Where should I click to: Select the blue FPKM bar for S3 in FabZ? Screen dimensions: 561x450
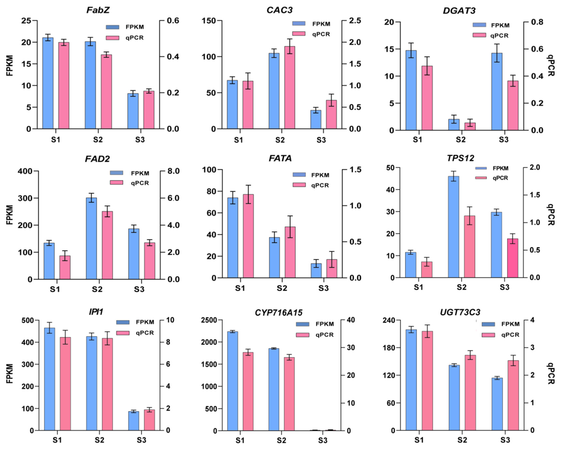coord(133,111)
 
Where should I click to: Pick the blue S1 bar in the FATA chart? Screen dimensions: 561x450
coord(233,238)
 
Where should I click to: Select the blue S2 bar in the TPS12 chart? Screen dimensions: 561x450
coord(454,227)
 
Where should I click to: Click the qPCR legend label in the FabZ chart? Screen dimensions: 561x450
coord(135,38)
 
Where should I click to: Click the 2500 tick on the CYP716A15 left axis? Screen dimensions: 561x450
coord(209,320)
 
